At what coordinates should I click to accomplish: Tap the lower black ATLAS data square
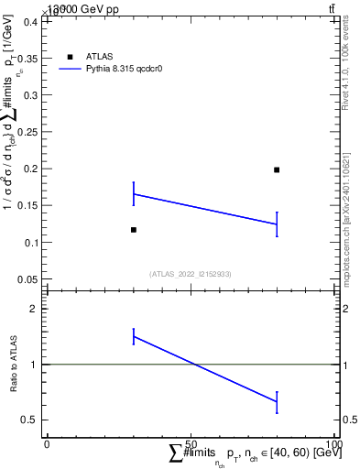pos(134,230)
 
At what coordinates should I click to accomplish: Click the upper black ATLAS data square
pos(277,169)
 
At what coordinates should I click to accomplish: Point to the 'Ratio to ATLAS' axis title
pos(15,365)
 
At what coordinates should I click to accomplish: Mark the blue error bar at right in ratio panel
pos(277,401)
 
